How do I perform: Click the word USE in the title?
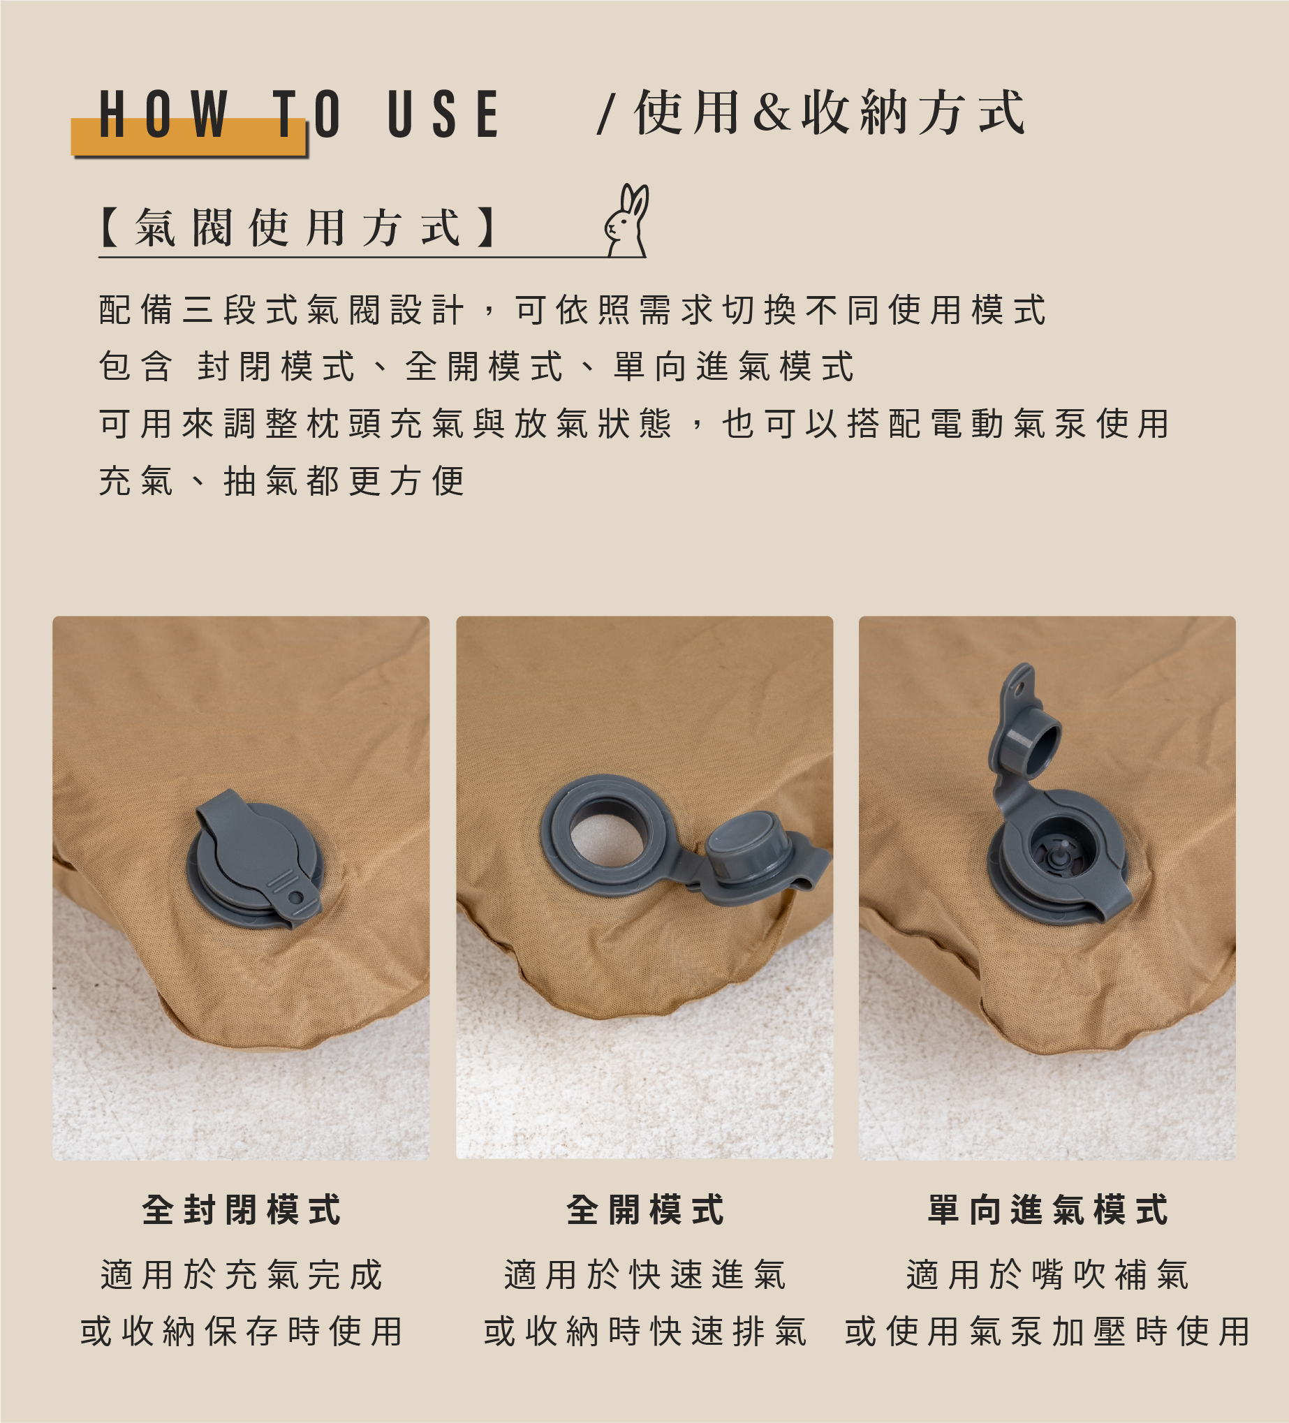(444, 114)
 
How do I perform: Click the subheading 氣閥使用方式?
(300, 228)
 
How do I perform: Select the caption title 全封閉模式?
(242, 1209)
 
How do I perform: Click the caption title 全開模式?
(645, 1209)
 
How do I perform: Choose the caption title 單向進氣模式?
(1048, 1209)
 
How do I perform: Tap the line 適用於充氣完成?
(242, 1275)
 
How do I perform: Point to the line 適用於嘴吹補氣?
(1048, 1275)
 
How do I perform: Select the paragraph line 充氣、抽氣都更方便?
(281, 481)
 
